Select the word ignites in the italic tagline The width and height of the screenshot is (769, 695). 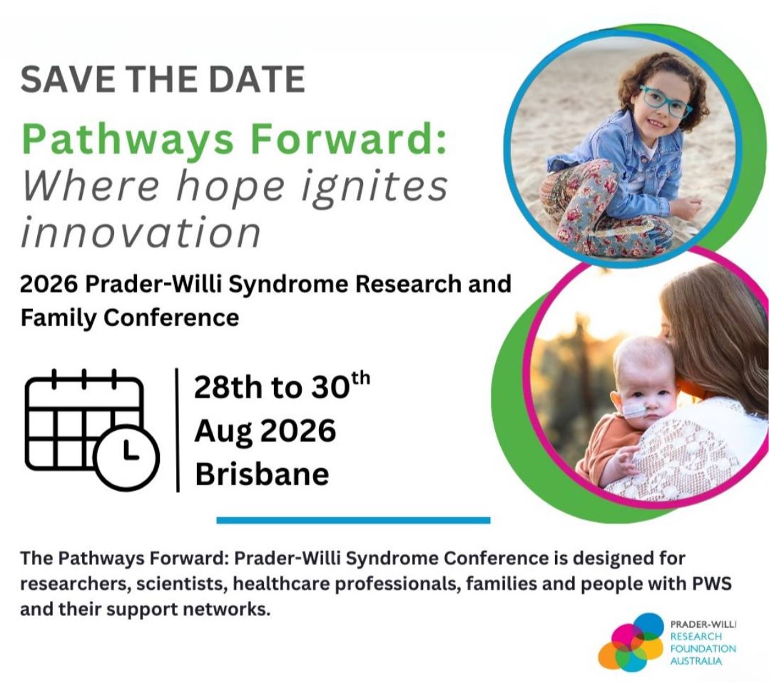click(374, 188)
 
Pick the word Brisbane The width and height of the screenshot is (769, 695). click(262, 474)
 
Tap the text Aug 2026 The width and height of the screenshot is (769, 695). click(265, 432)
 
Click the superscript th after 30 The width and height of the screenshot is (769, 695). click(361, 379)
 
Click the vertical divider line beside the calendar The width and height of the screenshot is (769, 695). click(177, 430)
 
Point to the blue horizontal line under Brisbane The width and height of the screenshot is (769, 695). click(353, 520)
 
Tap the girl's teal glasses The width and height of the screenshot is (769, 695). click(665, 101)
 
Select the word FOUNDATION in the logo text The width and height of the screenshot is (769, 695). click(703, 649)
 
